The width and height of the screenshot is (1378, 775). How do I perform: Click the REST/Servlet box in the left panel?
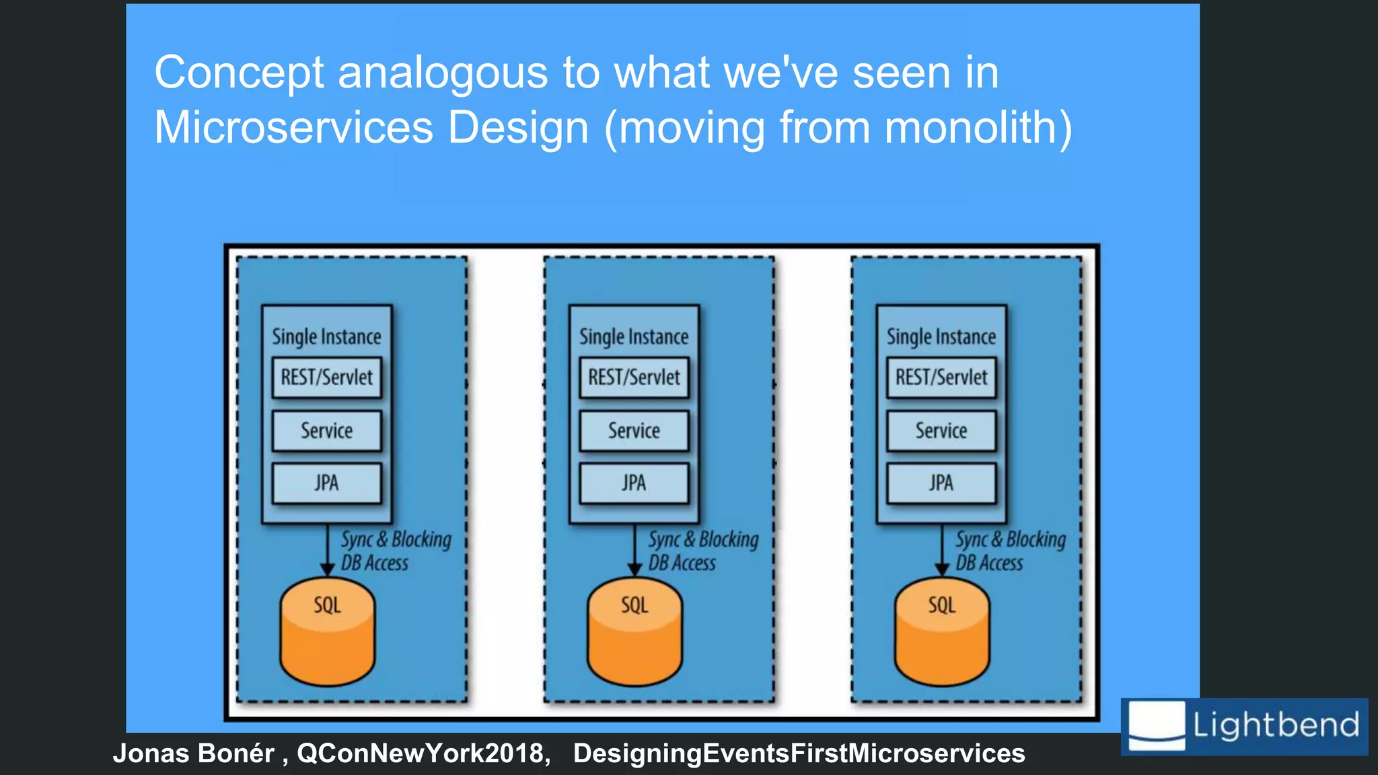point(326,377)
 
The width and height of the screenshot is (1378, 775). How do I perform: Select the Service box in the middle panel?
point(634,431)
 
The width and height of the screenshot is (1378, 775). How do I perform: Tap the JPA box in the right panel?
point(941,483)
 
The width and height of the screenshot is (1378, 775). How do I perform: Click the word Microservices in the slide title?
point(293,127)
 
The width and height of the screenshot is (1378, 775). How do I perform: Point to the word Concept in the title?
point(239,73)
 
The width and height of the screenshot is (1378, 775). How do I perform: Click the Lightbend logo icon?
point(1156,725)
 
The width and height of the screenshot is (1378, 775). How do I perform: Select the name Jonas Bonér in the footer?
point(194,753)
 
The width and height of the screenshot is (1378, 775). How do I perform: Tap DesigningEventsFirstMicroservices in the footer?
point(799,753)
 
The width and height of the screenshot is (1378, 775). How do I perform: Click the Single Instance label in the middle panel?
point(634,336)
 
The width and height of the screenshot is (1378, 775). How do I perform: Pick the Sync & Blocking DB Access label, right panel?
point(1010,550)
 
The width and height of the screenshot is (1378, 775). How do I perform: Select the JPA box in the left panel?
point(326,483)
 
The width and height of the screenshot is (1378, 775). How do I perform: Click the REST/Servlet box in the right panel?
point(941,377)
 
